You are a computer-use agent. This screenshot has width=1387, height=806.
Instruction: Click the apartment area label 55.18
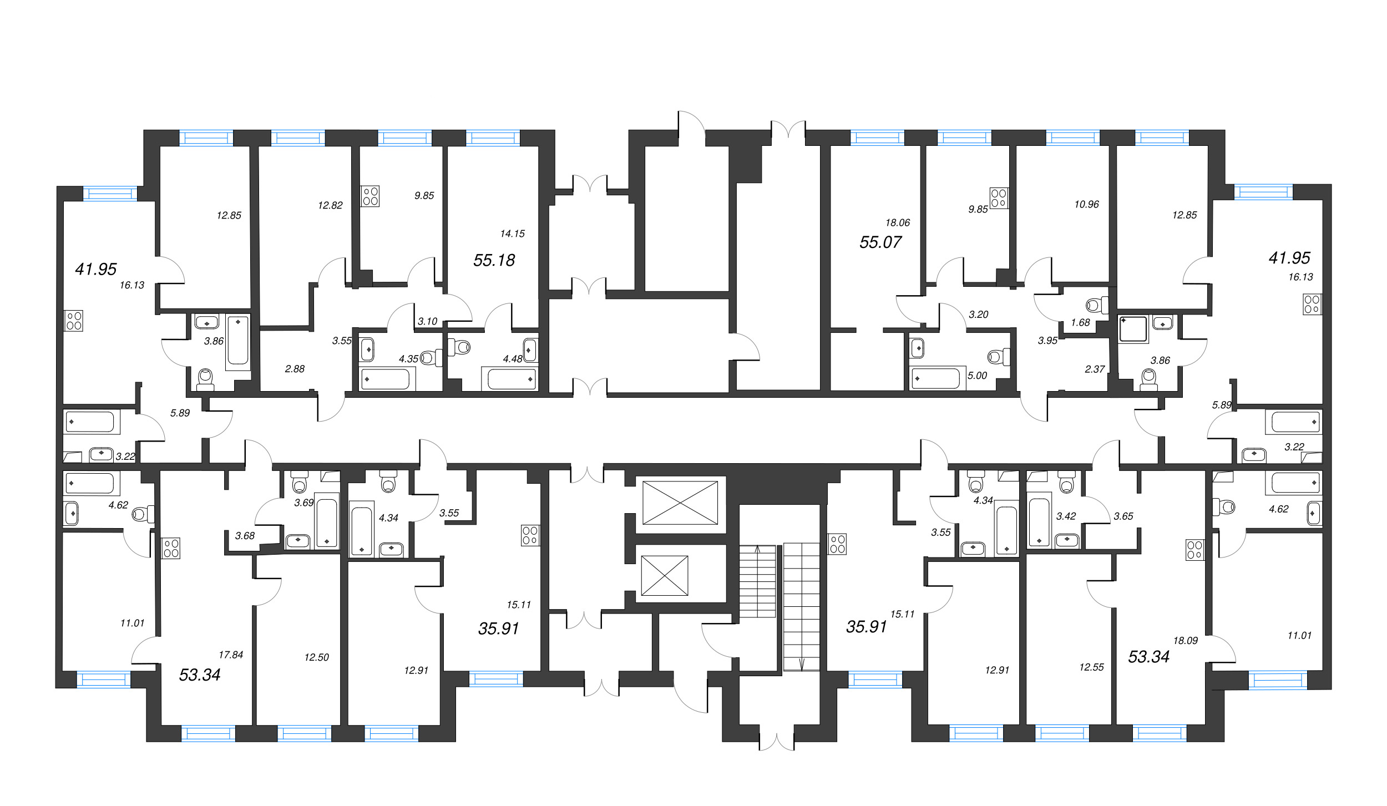tap(494, 260)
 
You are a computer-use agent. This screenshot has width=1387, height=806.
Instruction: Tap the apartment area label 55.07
tap(880, 242)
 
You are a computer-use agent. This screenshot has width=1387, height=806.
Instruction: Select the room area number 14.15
tap(512, 234)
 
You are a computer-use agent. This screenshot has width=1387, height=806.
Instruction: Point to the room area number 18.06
tap(898, 223)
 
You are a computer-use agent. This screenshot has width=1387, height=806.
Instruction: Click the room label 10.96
tap(1086, 205)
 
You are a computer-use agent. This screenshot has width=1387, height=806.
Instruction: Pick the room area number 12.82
tap(330, 206)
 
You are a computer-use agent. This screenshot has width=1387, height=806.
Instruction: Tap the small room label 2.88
tap(295, 369)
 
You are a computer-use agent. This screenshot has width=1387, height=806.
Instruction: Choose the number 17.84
tap(231, 655)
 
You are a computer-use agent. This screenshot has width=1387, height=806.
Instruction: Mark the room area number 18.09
tap(1185, 641)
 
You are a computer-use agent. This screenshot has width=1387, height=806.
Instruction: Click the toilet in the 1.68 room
tap(1096, 305)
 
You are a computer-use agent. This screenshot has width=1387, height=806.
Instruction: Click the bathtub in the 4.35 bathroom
tap(385, 379)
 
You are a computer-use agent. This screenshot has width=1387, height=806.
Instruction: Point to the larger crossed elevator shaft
tap(680, 503)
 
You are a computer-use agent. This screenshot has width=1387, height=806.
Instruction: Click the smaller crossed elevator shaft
tap(665, 576)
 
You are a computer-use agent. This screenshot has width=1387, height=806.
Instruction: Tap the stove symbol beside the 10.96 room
tap(999, 198)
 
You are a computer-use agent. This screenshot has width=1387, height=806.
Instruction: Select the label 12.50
tap(316, 658)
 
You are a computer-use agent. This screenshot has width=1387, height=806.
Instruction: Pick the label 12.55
tap(1091, 668)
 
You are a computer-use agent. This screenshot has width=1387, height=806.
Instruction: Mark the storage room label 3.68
tap(245, 536)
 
